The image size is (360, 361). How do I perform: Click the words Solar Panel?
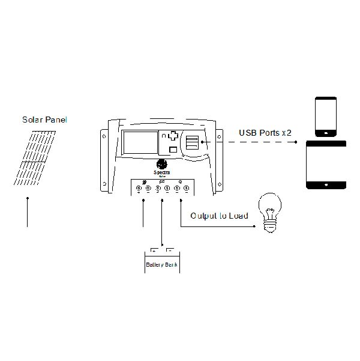44,120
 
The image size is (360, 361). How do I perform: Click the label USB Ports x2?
265,132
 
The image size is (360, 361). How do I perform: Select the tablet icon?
327,165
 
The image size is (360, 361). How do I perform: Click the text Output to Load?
219,215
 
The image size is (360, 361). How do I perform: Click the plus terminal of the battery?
154,250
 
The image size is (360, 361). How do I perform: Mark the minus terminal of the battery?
170,250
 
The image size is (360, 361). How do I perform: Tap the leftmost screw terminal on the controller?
139,189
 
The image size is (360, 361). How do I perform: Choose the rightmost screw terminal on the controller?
187,189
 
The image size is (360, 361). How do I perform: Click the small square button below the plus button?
173,150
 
